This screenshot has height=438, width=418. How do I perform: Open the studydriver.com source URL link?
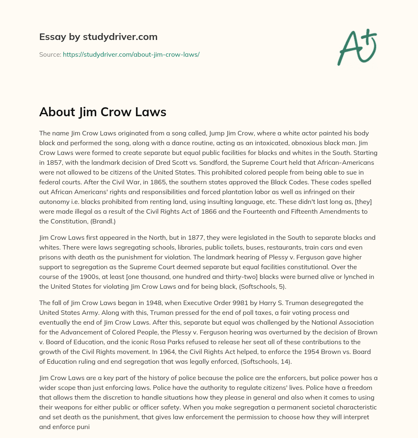point(131,54)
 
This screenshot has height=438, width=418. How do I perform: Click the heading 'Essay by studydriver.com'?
point(98,37)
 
